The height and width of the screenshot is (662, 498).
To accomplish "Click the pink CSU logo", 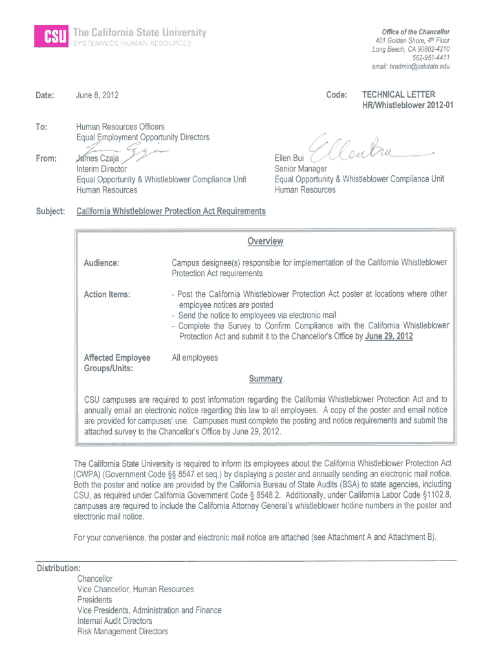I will point(52,37).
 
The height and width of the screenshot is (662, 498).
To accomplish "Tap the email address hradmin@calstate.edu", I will point(410,67).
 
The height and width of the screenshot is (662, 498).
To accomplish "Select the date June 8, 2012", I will point(98,95).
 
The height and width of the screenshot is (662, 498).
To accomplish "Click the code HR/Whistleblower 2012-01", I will point(407,105).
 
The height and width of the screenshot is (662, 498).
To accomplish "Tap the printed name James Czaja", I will point(98,158).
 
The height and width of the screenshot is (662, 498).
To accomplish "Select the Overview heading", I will point(265,241).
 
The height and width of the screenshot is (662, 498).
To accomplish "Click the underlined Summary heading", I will point(265,379).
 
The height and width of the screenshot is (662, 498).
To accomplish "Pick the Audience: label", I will point(102,263).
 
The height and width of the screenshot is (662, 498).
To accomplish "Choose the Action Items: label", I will point(107,294).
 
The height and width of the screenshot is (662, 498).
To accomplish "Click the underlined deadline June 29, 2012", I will point(389,336).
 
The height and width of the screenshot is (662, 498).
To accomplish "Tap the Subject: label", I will point(51,211).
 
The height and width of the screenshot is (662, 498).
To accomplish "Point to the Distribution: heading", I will point(59,568).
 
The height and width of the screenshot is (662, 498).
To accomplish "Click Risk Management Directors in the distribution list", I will point(122,632).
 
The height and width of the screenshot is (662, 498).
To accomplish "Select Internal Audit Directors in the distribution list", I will point(114,621).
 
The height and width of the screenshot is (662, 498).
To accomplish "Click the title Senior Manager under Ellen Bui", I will point(301,169).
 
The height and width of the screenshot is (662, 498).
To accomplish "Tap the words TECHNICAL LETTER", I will point(398,94).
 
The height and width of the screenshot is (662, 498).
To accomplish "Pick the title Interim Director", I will point(102,169).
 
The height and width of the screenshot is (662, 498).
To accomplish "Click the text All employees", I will point(195,358).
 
